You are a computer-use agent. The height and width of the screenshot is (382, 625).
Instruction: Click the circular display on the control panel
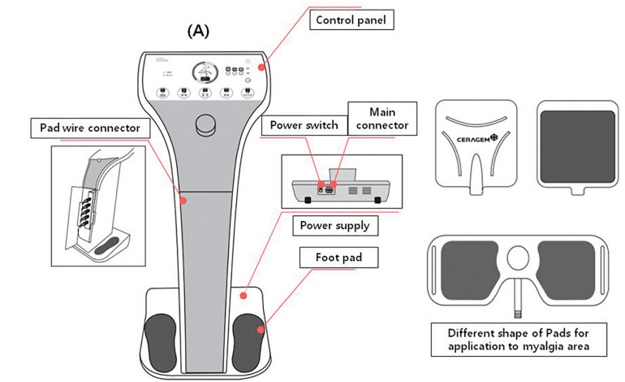[204, 73]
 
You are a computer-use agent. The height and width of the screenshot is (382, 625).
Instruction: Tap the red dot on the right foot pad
[261, 329]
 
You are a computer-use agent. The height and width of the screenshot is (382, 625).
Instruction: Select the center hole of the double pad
[517, 258]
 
